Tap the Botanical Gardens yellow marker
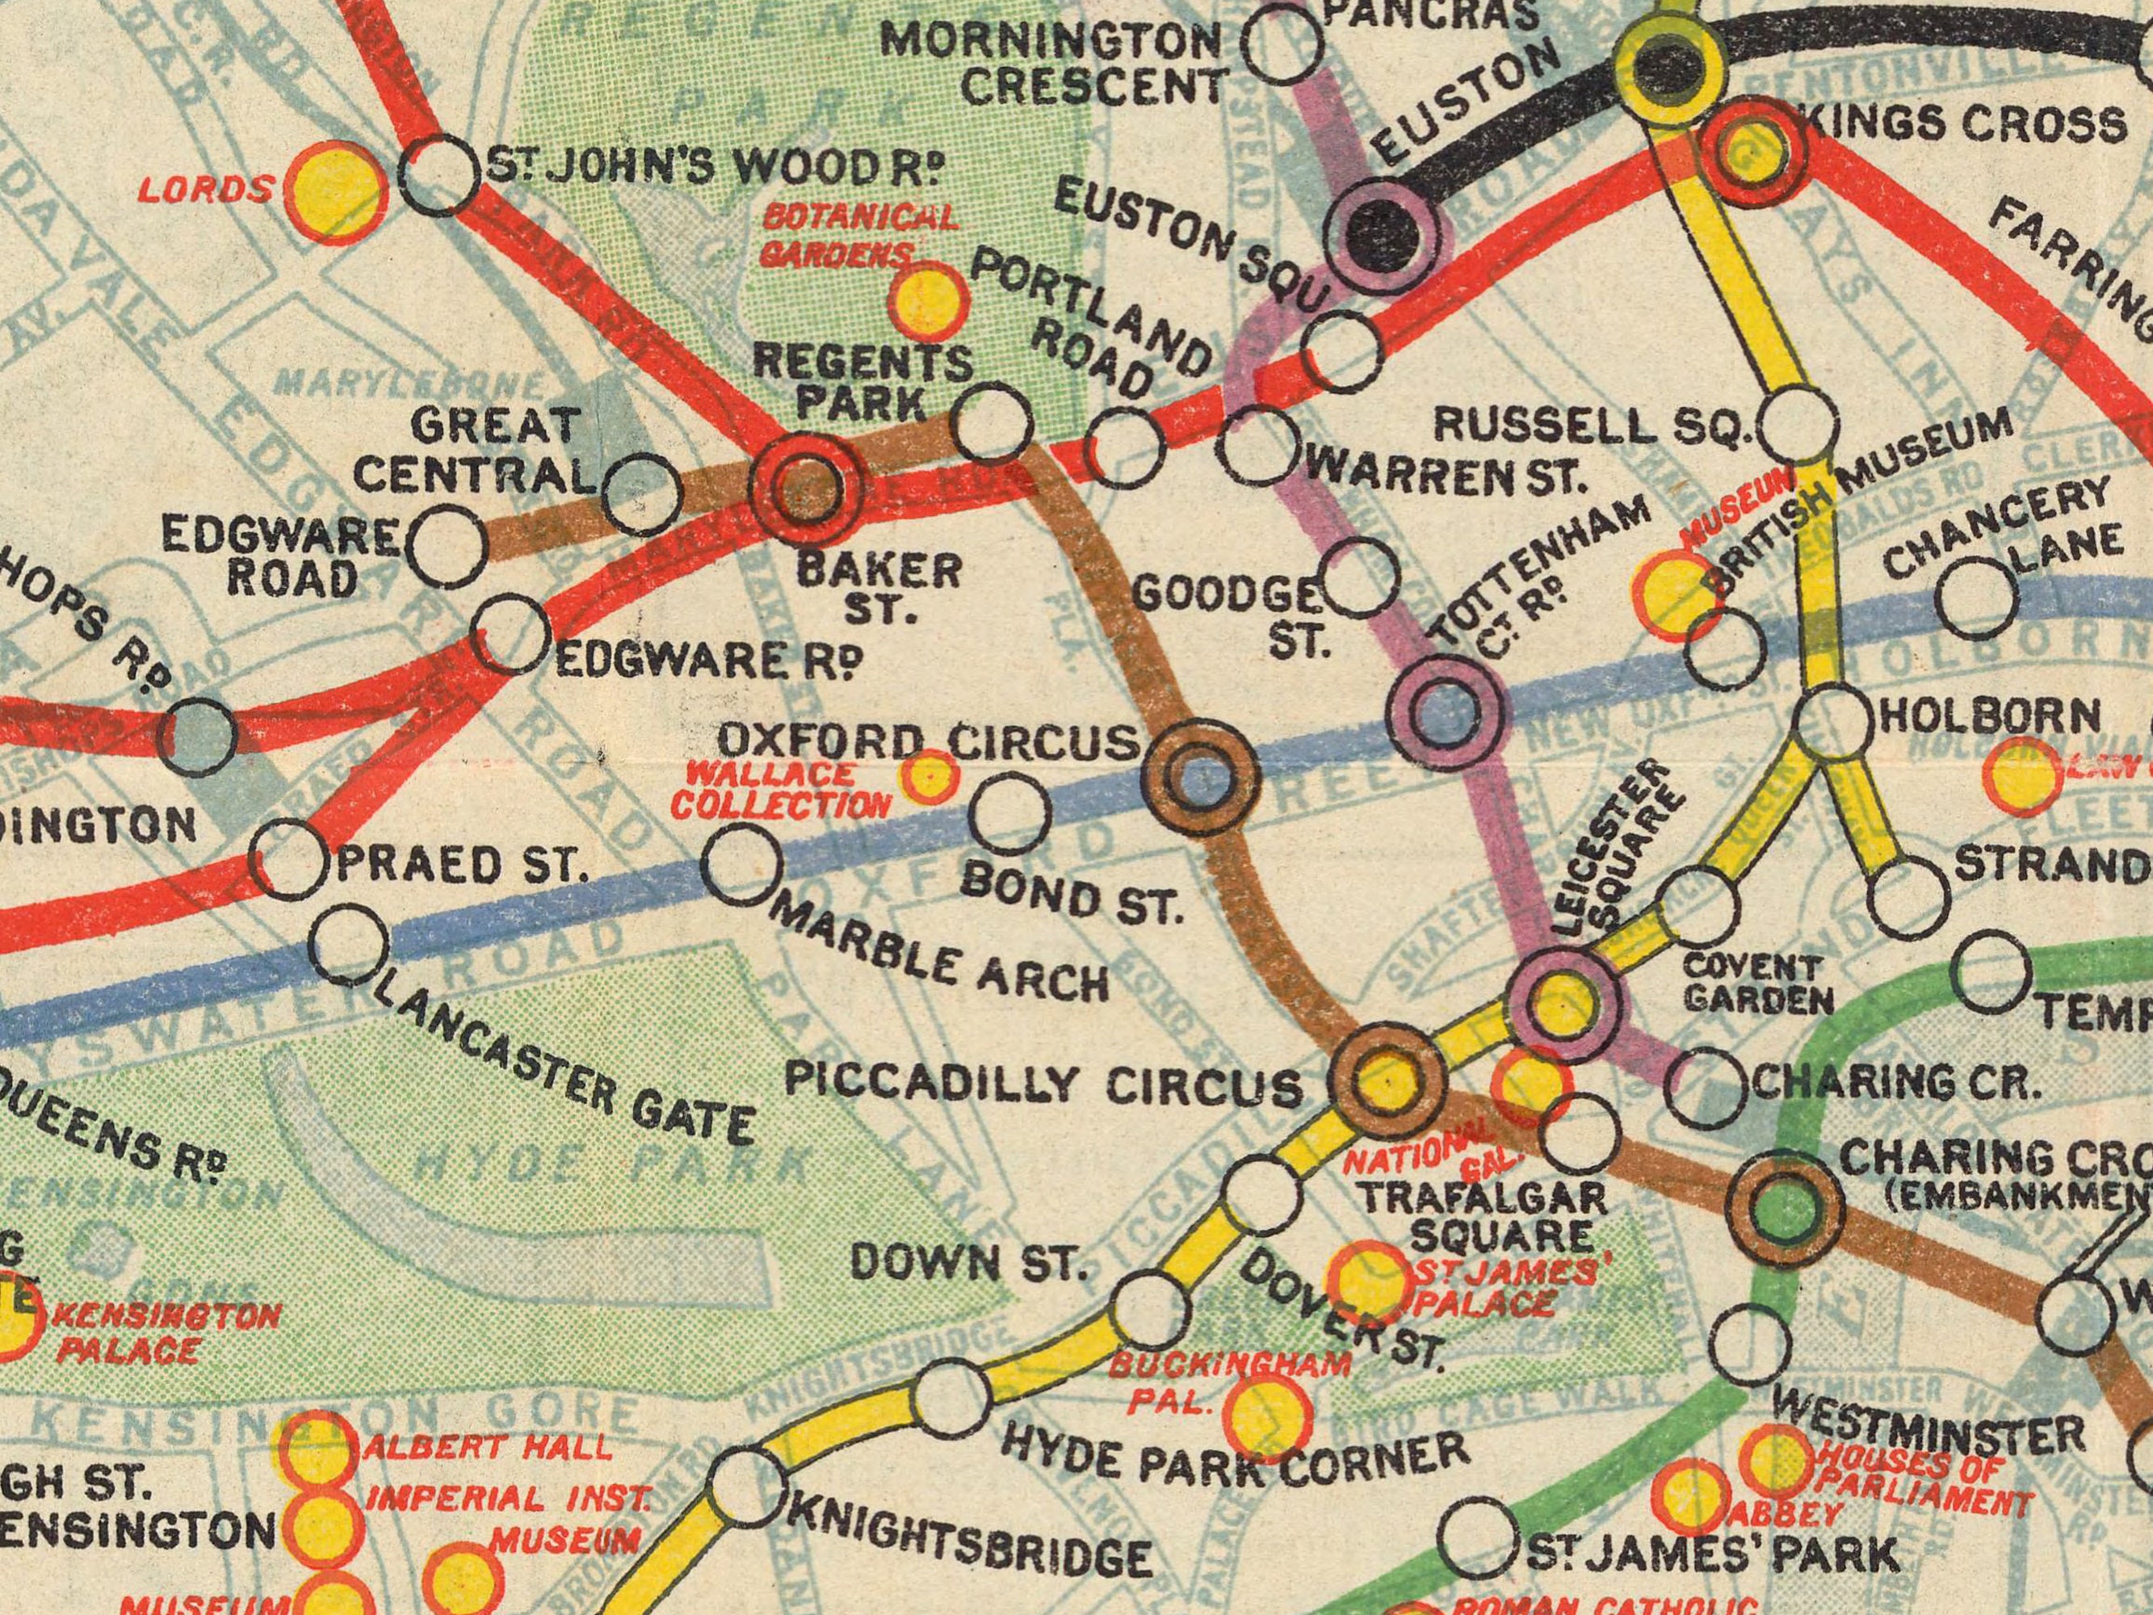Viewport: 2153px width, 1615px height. [x=930, y=299]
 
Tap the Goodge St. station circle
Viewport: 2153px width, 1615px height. [x=1360, y=578]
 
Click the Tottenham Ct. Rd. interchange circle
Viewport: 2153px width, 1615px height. [x=1445, y=715]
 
